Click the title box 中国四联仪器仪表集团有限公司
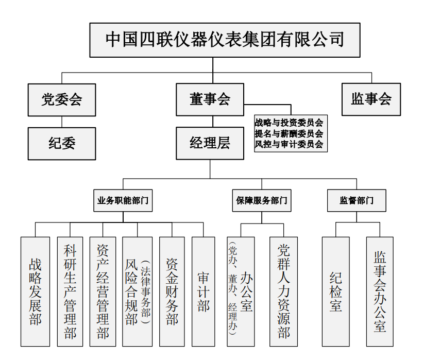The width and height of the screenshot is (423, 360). coord(224,40)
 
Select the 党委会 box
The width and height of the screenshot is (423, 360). coord(62,99)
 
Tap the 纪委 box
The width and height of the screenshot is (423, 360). coord(62,143)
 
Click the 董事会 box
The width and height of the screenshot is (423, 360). coord(210,99)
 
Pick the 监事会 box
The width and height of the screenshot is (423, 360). coord(371,99)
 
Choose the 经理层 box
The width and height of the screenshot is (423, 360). coord(210,143)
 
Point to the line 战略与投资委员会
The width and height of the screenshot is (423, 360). coord(289,123)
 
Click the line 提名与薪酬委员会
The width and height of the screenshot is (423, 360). coord(289,133)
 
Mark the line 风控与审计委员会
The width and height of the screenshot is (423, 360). coord(289,144)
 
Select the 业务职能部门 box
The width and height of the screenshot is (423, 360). coord(123,200)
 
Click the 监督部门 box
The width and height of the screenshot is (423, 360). coord(357,200)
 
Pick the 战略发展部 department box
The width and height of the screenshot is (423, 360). coord(35,292)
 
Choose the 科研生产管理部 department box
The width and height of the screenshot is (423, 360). coord(70,292)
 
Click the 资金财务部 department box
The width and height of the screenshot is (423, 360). coord(172,292)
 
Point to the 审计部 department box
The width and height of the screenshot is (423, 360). coord(203,292)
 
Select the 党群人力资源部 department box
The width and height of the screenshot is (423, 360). coord(284,292)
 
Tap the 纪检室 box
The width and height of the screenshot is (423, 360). coord(335,292)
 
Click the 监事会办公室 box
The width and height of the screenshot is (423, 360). coord(380,292)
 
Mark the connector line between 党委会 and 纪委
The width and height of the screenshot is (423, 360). coord(62,122)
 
